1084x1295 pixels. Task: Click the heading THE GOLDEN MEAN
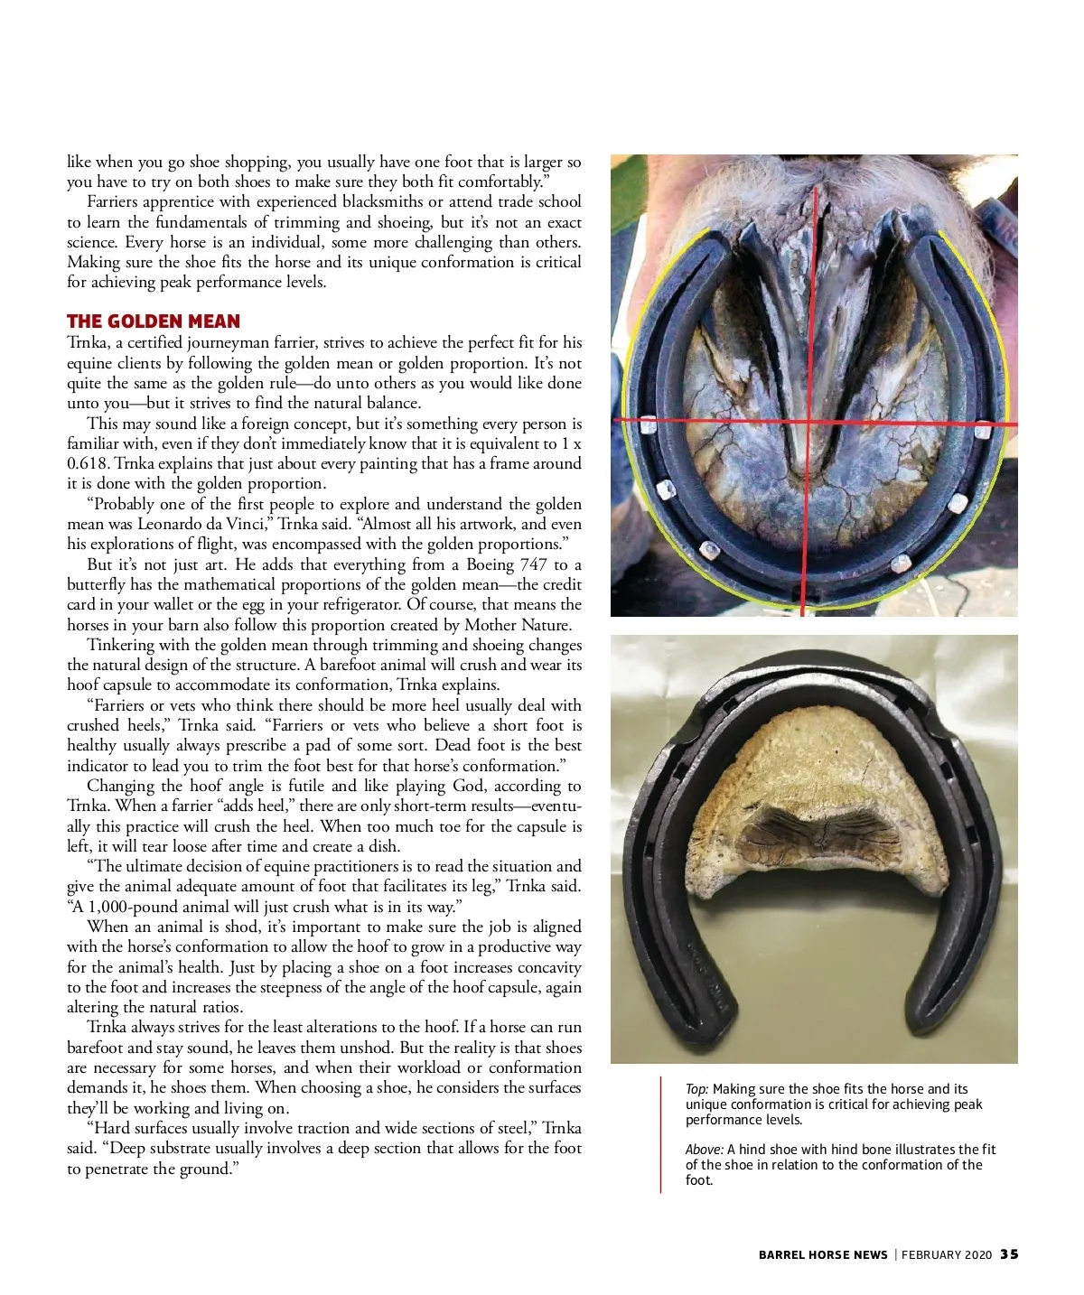click(153, 321)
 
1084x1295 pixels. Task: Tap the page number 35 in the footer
click(1009, 1254)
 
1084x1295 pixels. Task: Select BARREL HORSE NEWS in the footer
click(823, 1254)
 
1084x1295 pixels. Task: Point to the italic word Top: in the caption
click(696, 1089)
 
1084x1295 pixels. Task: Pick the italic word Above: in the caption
click(705, 1150)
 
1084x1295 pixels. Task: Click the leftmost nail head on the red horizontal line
click(648, 423)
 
